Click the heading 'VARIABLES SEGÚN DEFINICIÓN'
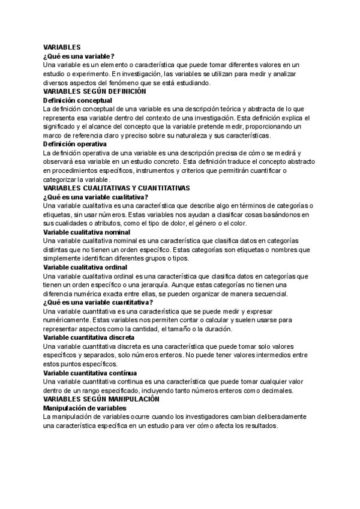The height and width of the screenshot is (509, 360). [95, 91]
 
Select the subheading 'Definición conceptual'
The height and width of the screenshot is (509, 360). [78, 100]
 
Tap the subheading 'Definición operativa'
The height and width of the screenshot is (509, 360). [75, 144]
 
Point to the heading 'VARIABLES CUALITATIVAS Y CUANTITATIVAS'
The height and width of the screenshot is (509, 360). [117, 188]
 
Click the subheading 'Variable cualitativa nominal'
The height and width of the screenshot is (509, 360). [87, 232]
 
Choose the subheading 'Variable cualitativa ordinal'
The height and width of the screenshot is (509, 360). [86, 267]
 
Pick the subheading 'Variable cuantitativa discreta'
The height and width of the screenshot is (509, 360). [89, 337]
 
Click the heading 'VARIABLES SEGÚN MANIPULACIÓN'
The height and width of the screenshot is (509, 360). [101, 399]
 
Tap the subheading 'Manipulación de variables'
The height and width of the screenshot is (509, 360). [84, 408]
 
